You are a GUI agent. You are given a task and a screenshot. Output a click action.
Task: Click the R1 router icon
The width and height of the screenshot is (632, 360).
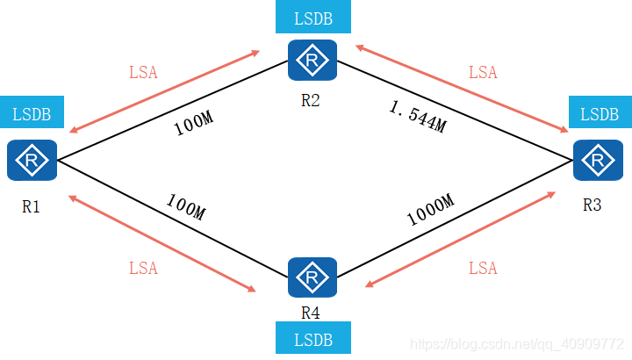click(x=32, y=161)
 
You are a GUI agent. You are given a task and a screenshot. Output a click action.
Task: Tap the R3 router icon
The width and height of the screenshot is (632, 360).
click(x=599, y=161)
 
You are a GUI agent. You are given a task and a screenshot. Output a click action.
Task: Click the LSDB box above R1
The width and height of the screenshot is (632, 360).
click(x=32, y=114)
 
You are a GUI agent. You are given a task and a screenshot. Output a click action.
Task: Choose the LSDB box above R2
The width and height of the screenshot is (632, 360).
click(x=312, y=18)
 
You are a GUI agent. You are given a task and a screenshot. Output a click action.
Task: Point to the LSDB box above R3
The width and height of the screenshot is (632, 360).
click(x=600, y=114)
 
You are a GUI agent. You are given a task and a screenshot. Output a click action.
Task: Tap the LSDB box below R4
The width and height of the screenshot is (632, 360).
click(x=312, y=338)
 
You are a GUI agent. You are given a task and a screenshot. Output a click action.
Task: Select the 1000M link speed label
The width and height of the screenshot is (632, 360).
click(x=430, y=211)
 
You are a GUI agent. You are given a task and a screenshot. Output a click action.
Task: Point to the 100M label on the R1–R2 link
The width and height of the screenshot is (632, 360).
click(x=193, y=124)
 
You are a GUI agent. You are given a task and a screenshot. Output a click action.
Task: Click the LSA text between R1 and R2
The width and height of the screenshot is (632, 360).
click(x=143, y=72)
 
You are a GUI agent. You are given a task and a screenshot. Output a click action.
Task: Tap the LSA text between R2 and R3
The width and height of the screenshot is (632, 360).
click(x=483, y=72)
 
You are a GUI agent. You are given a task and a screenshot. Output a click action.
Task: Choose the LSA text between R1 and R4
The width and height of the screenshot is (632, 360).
click(x=143, y=268)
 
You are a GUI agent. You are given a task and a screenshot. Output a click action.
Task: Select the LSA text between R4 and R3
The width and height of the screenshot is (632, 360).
click(x=483, y=268)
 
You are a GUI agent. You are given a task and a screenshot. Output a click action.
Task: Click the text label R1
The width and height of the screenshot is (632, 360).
click(x=32, y=207)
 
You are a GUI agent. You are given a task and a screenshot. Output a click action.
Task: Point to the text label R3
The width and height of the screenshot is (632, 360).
click(x=592, y=205)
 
